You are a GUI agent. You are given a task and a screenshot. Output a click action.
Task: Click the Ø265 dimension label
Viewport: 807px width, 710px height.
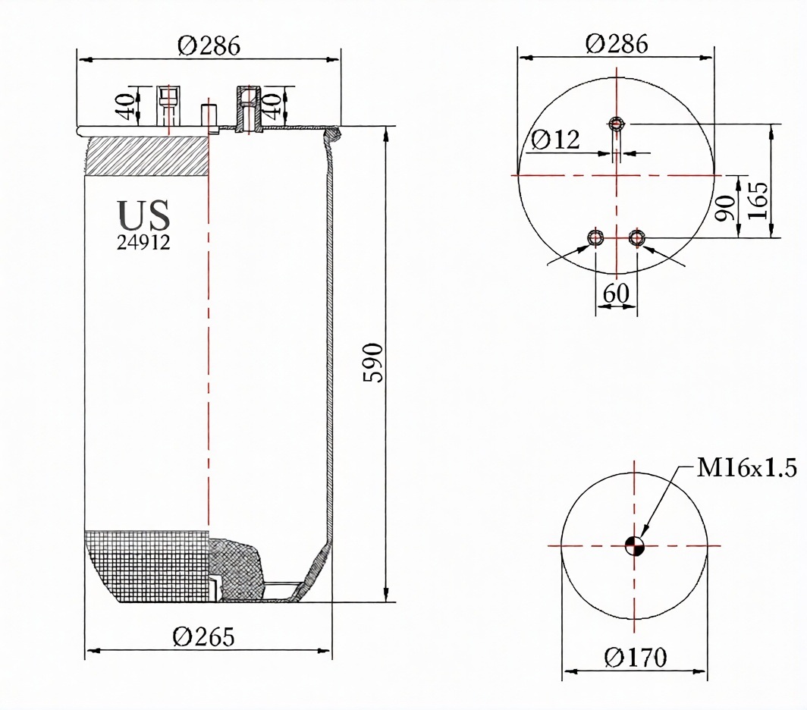click(x=203, y=637)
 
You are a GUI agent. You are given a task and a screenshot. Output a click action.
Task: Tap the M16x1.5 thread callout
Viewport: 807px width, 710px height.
click(x=747, y=468)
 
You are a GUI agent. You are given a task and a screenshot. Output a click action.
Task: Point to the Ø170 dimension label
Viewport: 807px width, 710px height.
click(x=635, y=657)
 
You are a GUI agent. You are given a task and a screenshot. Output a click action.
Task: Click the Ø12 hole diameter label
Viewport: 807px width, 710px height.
click(x=555, y=139)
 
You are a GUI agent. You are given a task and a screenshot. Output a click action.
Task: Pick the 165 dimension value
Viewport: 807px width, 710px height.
click(x=758, y=200)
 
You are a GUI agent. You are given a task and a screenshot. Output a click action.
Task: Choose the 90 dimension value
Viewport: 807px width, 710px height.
click(x=726, y=208)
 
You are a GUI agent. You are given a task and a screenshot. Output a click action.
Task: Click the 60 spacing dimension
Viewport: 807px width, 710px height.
click(x=616, y=294)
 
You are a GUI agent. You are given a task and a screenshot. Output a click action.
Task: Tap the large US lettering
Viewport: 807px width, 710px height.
click(x=143, y=215)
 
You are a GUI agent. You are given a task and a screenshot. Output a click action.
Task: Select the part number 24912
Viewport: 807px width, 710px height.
click(x=143, y=242)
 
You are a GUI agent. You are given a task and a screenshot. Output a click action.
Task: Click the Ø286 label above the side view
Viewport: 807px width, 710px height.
click(x=209, y=46)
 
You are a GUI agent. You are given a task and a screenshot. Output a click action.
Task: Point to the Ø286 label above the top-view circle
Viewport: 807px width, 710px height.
click(x=617, y=44)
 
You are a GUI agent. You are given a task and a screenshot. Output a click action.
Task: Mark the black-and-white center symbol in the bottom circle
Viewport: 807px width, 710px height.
click(x=635, y=545)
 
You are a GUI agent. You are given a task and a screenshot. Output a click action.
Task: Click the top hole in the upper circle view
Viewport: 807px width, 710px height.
click(x=617, y=124)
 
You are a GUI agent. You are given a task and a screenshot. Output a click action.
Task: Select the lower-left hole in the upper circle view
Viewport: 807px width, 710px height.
click(x=595, y=238)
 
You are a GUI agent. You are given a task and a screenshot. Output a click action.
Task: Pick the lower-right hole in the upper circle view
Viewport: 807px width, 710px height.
click(x=637, y=238)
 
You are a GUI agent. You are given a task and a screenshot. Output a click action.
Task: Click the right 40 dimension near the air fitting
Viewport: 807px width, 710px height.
click(x=273, y=105)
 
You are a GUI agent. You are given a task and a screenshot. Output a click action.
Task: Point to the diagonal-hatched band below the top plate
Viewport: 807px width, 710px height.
click(x=148, y=156)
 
